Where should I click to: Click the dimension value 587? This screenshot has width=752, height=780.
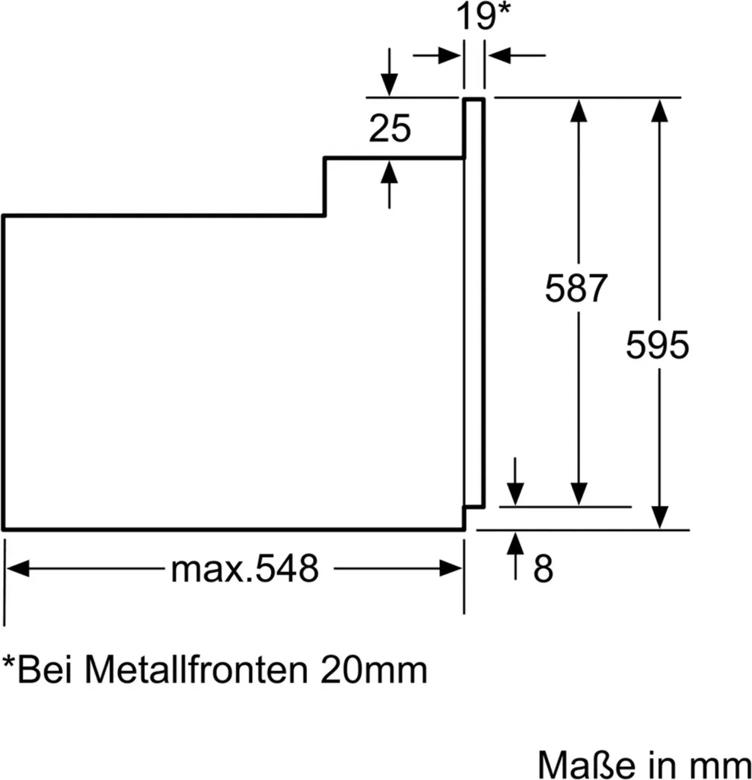pyautogui.click(x=578, y=289)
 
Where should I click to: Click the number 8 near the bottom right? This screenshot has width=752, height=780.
pyautogui.click(x=543, y=568)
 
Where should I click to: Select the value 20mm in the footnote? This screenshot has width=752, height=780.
pyautogui.click(x=373, y=670)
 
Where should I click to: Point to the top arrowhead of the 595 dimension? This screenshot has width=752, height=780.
pyautogui.click(x=659, y=110)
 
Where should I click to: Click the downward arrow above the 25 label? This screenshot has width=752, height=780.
pyautogui.click(x=390, y=84)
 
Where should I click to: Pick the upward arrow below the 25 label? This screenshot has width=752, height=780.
pyautogui.click(x=390, y=173)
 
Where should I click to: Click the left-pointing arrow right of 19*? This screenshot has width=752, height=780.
pyautogui.click(x=499, y=55)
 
